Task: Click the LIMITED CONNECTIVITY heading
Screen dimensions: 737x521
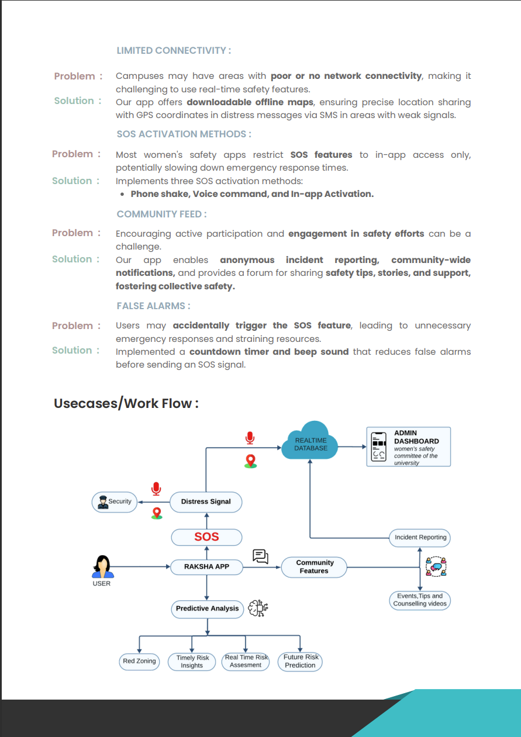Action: pyautogui.click(x=174, y=51)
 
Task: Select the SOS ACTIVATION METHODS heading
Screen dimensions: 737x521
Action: pyautogui.click(x=184, y=134)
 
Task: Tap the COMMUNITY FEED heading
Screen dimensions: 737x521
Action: pyautogui.click(x=161, y=214)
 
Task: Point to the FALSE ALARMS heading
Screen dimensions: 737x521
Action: pyautogui.click(x=153, y=306)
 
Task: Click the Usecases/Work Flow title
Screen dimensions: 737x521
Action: pyautogui.click(x=126, y=403)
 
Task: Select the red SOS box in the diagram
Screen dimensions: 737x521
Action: pyautogui.click(x=206, y=537)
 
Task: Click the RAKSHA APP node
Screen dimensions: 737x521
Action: pyautogui.click(x=206, y=566)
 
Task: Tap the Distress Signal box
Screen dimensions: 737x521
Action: pyautogui.click(x=206, y=501)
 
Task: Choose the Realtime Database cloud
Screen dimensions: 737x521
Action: pyautogui.click(x=310, y=444)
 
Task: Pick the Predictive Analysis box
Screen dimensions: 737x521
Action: pyautogui.click(x=207, y=608)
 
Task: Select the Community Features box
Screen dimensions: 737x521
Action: pyautogui.click(x=315, y=566)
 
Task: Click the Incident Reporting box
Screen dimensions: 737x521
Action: pyautogui.click(x=420, y=537)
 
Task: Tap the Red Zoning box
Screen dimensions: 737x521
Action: pyautogui.click(x=139, y=661)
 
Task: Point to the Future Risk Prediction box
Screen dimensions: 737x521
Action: pyautogui.click(x=301, y=661)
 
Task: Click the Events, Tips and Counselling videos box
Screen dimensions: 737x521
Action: pyautogui.click(x=420, y=600)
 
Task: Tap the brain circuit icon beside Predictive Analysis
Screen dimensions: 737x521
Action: pyautogui.click(x=257, y=608)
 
